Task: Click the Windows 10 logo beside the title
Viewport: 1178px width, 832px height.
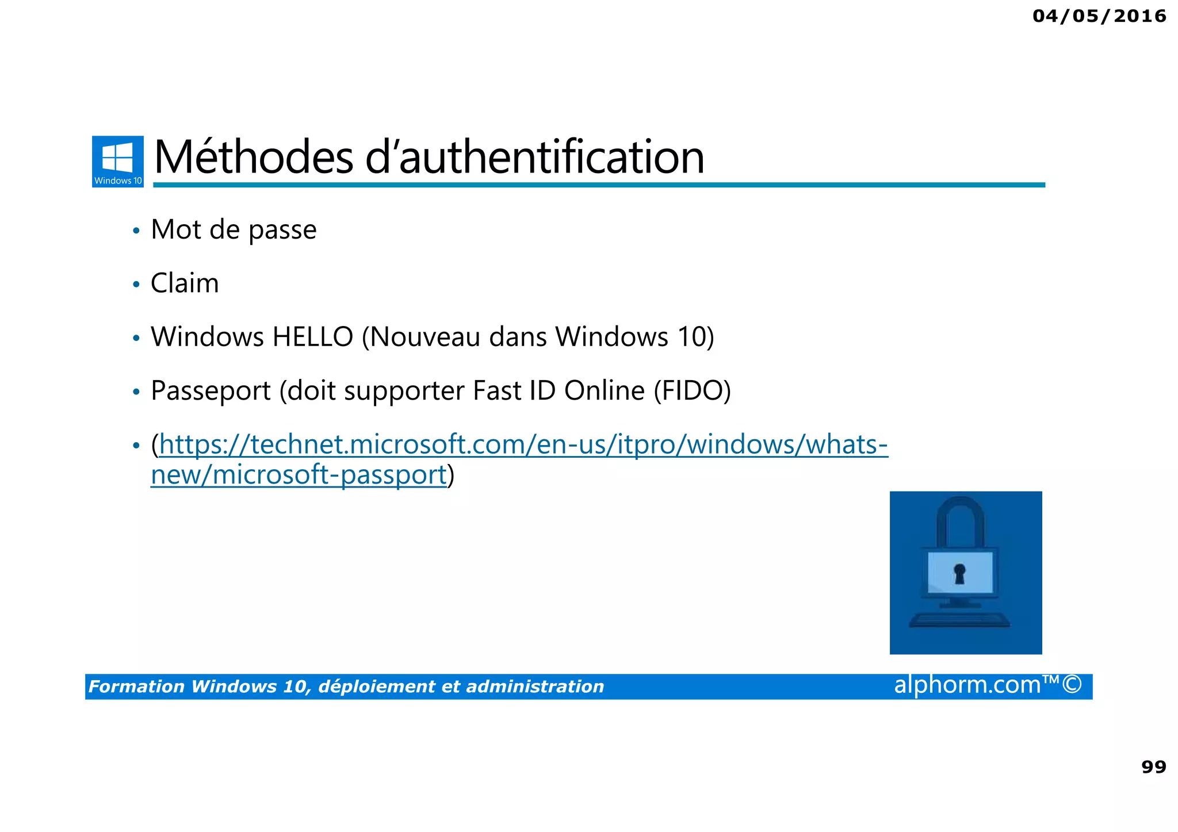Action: point(118,161)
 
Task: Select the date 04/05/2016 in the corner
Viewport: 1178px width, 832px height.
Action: point(1099,16)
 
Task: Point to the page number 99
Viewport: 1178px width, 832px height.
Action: point(1153,767)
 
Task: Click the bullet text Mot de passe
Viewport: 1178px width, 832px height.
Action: point(234,230)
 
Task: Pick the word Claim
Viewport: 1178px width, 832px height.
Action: point(185,283)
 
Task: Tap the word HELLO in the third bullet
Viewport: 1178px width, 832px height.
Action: point(312,337)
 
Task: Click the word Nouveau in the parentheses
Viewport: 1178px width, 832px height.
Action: point(425,337)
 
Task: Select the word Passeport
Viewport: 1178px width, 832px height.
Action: point(211,391)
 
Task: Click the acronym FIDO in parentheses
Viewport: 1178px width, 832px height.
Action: point(693,391)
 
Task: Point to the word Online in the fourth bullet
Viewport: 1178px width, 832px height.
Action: point(605,391)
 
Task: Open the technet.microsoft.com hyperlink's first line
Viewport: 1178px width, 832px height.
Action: point(523,444)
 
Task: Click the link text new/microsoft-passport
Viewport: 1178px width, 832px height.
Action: point(299,476)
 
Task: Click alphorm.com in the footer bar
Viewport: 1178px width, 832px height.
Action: point(967,685)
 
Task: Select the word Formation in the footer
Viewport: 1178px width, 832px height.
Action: point(136,687)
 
